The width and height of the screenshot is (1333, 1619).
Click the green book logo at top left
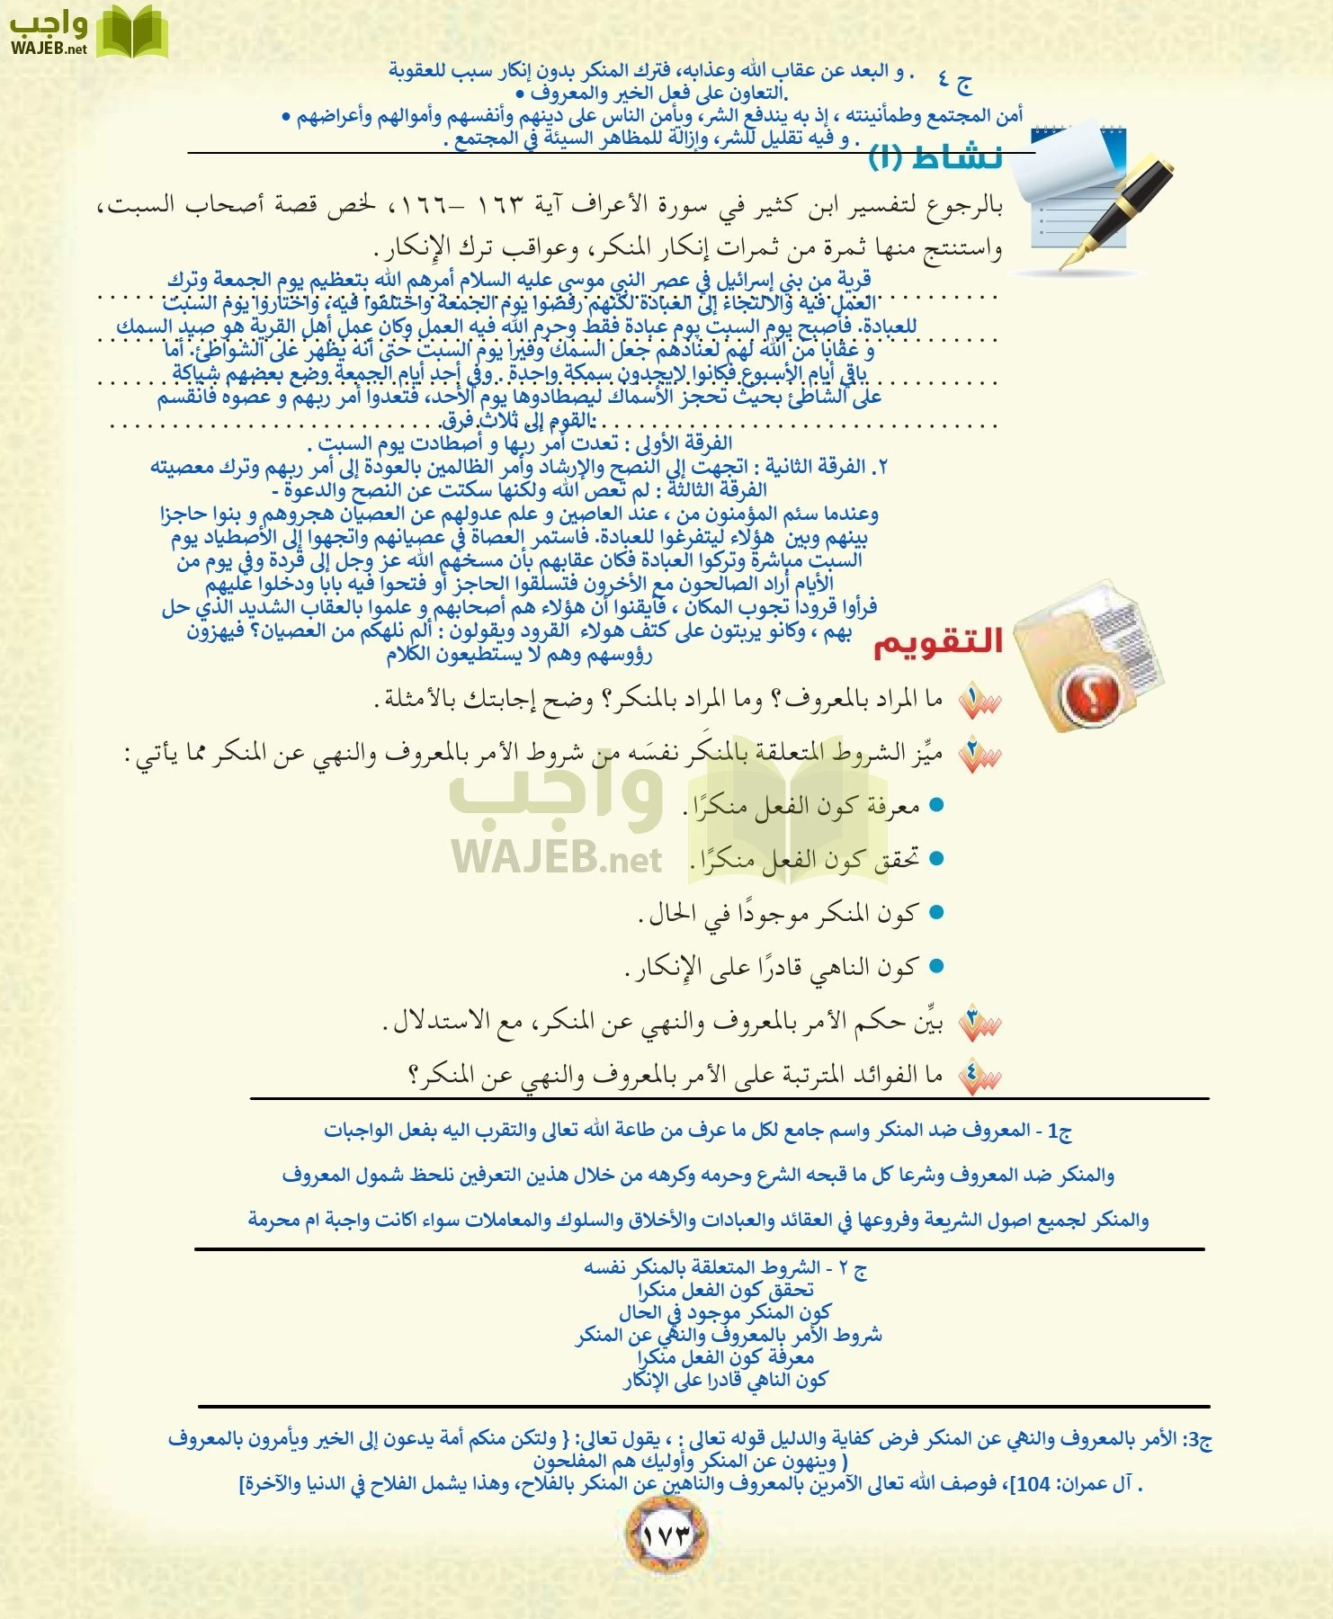pyautogui.click(x=131, y=33)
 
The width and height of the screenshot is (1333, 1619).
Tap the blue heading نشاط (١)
pyautogui.click(x=935, y=157)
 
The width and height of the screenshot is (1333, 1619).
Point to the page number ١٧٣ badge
pyautogui.click(x=666, y=1534)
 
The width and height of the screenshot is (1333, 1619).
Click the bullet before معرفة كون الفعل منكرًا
pyautogui.click(x=936, y=805)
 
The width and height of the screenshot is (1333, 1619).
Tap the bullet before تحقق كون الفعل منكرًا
pyautogui.click(x=936, y=859)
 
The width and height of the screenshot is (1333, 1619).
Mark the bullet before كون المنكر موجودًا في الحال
pyautogui.click(x=936, y=913)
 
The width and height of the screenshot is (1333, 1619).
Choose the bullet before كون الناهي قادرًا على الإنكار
pyautogui.click(x=936, y=967)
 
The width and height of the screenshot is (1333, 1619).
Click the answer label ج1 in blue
pyautogui.click(x=1058, y=1131)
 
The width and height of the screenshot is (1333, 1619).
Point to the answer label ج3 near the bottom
pyautogui.click(x=1200, y=1439)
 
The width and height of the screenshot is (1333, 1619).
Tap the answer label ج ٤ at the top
pyautogui.click(x=953, y=81)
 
